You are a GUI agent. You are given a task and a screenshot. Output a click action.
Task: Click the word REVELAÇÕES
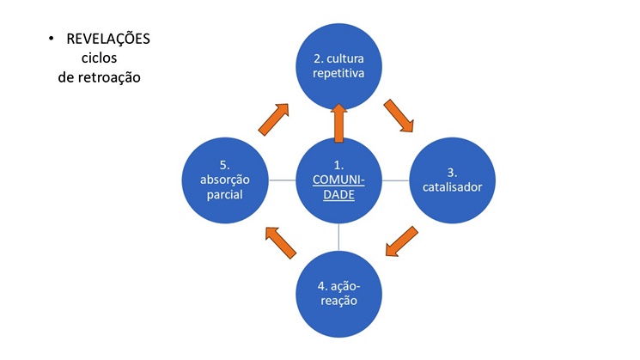[x=107, y=40]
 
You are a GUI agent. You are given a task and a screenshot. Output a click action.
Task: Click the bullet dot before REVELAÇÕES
[x=52, y=40]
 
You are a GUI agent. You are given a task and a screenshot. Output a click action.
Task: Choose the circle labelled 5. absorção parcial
[x=224, y=180]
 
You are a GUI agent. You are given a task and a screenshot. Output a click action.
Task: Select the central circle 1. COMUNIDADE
[x=338, y=180]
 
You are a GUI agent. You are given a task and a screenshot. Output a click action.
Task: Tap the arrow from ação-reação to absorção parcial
[x=280, y=242]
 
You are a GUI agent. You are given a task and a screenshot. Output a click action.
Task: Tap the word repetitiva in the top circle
[x=338, y=74]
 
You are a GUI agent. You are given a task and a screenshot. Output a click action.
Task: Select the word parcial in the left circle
[x=224, y=194]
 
